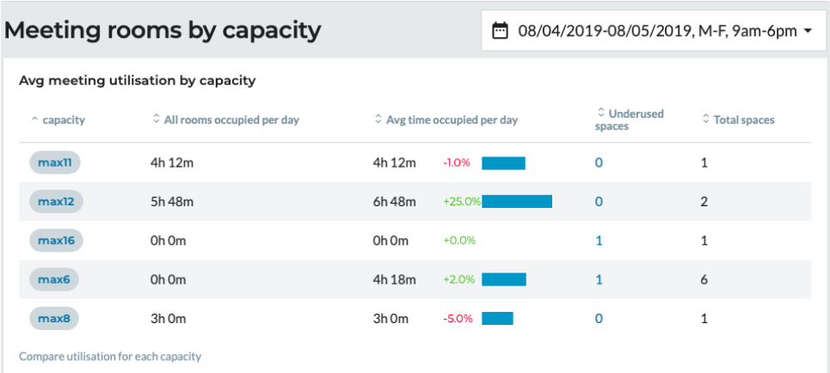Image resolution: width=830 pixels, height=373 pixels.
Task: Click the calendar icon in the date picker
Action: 500,31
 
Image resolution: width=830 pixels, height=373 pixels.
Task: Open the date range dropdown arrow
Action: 808,31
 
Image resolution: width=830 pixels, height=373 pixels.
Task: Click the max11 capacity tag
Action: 55,162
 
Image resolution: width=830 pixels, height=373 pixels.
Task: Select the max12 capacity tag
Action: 56,201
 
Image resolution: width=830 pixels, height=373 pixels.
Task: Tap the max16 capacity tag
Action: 56,241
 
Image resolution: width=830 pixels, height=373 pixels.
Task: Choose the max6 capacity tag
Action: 53,279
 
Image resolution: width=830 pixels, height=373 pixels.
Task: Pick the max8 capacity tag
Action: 53,318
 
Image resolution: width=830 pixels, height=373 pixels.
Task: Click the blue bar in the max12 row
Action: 516,201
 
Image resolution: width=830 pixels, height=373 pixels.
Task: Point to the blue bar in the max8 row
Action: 497,318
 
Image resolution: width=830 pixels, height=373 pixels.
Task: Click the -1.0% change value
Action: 457,162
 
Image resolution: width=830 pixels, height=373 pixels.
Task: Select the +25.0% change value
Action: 461,201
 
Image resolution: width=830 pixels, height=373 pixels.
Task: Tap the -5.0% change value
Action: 458,318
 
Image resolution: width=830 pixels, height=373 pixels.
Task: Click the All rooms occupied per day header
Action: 231,120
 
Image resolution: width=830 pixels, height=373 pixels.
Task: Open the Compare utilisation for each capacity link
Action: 110,356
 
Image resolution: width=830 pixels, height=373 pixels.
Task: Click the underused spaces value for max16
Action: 599,241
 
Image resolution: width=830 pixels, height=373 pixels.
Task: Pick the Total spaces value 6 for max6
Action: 704,279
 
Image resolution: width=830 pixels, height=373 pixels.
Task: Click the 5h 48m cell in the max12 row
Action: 172,201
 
